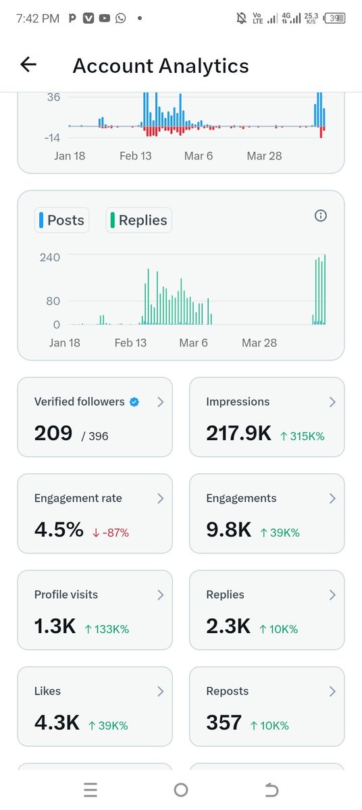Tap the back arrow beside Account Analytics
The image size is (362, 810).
[28, 65]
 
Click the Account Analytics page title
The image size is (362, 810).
[161, 65]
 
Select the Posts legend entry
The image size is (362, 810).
[62, 220]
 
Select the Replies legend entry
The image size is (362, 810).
[139, 220]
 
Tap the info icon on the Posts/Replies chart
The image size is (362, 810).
[321, 216]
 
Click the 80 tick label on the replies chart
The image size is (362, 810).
[53, 301]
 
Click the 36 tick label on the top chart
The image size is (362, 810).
[53, 97]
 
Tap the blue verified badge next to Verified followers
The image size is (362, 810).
[134, 402]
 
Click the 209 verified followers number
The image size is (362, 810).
[53, 433]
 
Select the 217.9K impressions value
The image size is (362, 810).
[238, 433]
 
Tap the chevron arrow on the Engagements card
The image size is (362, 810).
[332, 498]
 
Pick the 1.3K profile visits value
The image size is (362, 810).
[55, 626]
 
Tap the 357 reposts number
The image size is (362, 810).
[224, 723]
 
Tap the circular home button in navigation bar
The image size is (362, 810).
[181, 790]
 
